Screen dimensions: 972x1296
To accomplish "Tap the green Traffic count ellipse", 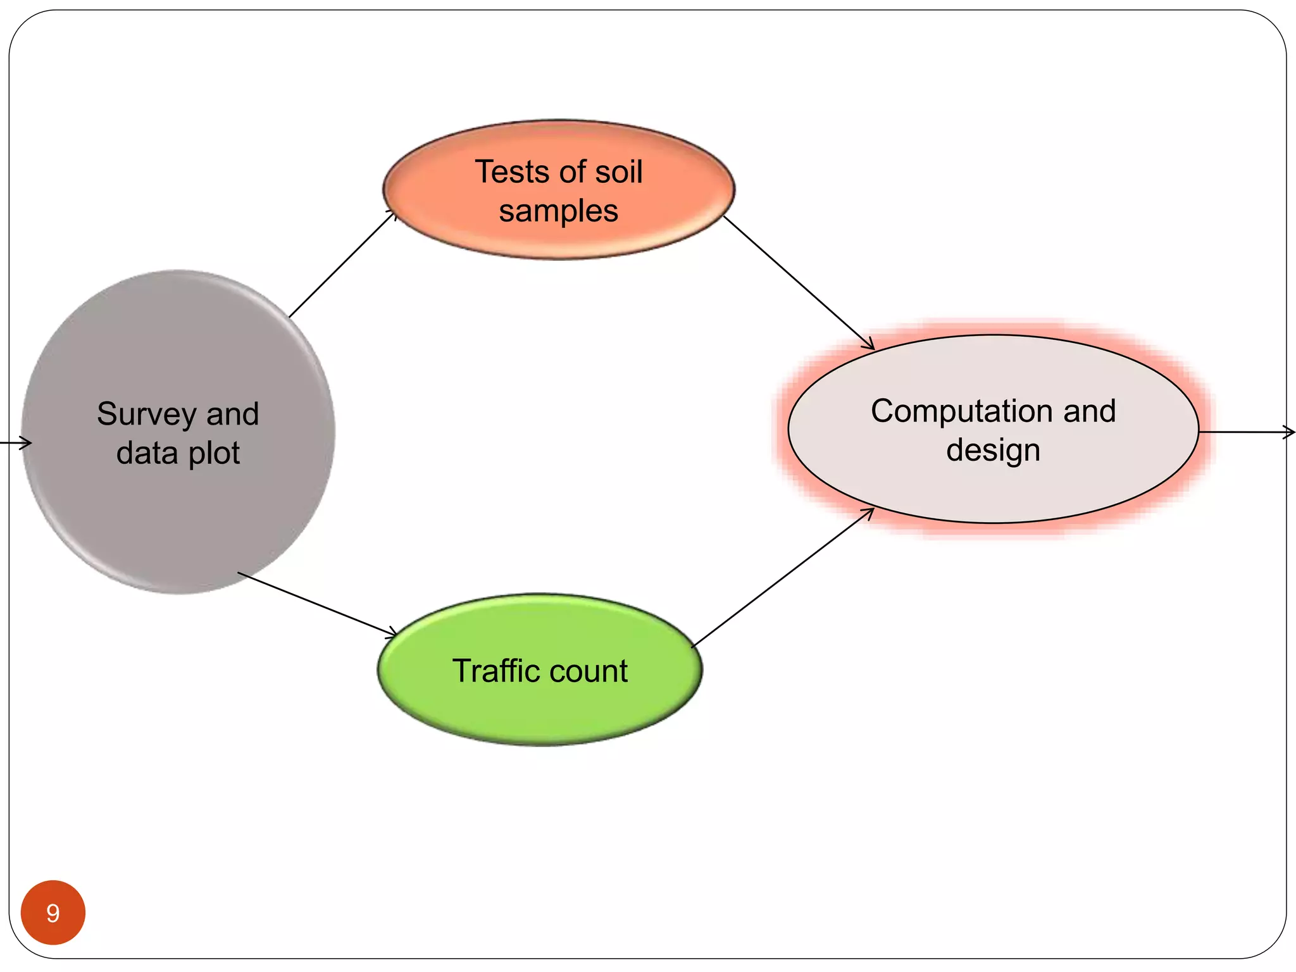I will [x=540, y=709].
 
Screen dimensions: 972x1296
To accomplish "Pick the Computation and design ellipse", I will [x=994, y=487].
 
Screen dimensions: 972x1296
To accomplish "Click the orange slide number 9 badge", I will [x=53, y=913].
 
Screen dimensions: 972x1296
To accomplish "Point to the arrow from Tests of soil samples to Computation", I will [x=799, y=282].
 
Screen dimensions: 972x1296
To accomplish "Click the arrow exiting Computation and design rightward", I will [x=1247, y=432].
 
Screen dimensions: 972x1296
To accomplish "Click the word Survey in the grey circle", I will [x=146, y=415].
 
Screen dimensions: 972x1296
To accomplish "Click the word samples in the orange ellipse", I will [x=558, y=211].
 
